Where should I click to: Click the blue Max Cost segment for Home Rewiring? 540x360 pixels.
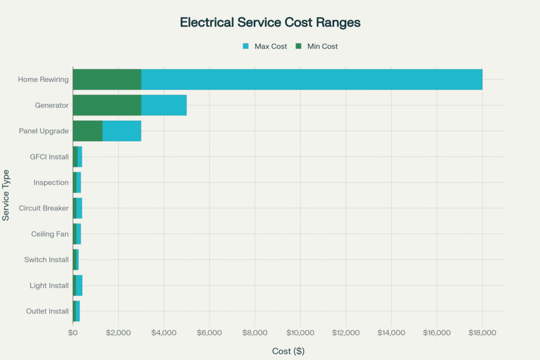[311, 80]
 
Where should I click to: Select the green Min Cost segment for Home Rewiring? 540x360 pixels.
[107, 80]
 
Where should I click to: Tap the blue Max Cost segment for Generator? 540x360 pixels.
[163, 105]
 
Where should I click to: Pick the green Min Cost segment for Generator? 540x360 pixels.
[107, 105]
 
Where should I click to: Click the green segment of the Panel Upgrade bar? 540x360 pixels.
[88, 131]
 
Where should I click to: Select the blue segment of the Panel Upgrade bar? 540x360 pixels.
[122, 131]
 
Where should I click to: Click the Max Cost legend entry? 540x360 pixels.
[265, 46]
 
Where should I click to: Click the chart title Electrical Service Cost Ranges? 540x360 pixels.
[270, 23]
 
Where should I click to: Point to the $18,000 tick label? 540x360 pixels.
[482, 333]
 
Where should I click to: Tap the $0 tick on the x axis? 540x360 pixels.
[73, 333]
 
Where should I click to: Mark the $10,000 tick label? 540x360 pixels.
[300, 333]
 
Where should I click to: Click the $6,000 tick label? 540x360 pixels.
[209, 333]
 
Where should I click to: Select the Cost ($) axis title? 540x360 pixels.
[288, 351]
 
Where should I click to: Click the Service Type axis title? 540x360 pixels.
[6, 195]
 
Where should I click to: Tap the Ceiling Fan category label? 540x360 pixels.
[50, 234]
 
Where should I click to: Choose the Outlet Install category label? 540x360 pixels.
[47, 311]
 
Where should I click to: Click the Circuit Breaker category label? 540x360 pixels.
[44, 208]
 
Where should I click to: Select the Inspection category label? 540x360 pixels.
[51, 182]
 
